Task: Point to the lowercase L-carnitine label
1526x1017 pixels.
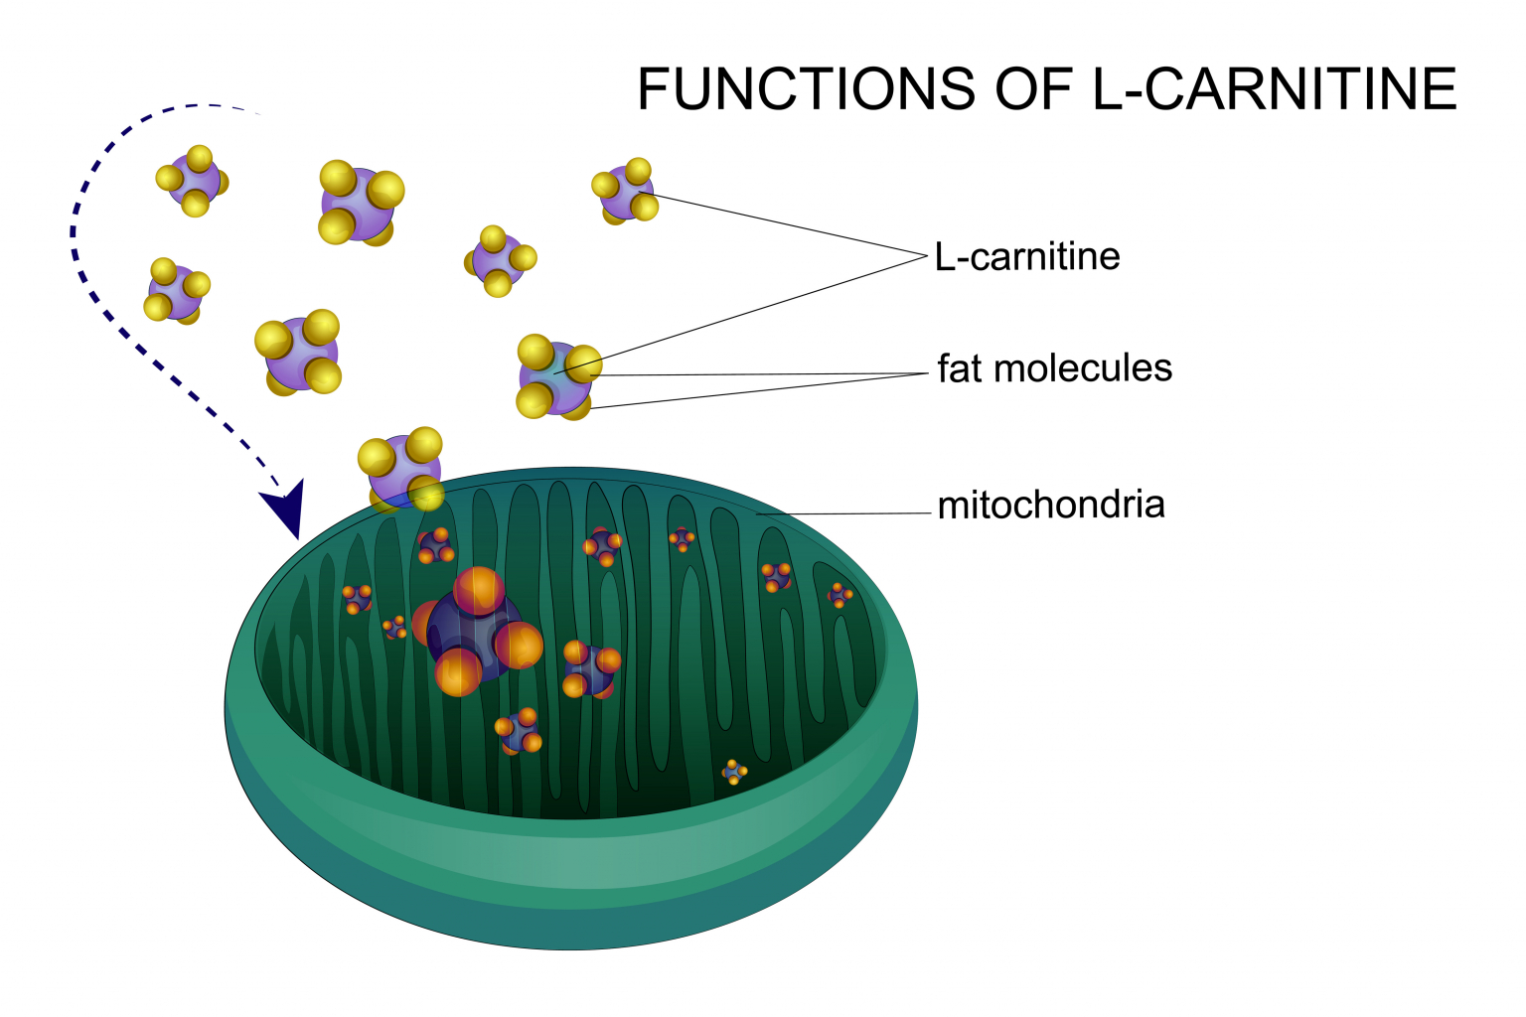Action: point(1027,257)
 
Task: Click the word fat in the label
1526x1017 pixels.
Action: point(960,368)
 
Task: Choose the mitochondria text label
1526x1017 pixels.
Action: point(1051,505)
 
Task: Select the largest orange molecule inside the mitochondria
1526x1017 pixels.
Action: point(477,631)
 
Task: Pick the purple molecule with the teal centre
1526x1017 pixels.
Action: point(555,377)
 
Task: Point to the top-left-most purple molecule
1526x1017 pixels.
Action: point(193,181)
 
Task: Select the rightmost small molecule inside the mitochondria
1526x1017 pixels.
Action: point(840,595)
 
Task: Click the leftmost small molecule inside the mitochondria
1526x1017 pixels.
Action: point(357,599)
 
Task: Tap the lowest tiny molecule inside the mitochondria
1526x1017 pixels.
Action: point(734,772)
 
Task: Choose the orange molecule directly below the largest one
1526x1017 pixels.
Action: point(519,731)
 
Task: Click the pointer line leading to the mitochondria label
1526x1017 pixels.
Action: point(844,514)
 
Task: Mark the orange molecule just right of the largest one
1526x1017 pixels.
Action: point(590,668)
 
